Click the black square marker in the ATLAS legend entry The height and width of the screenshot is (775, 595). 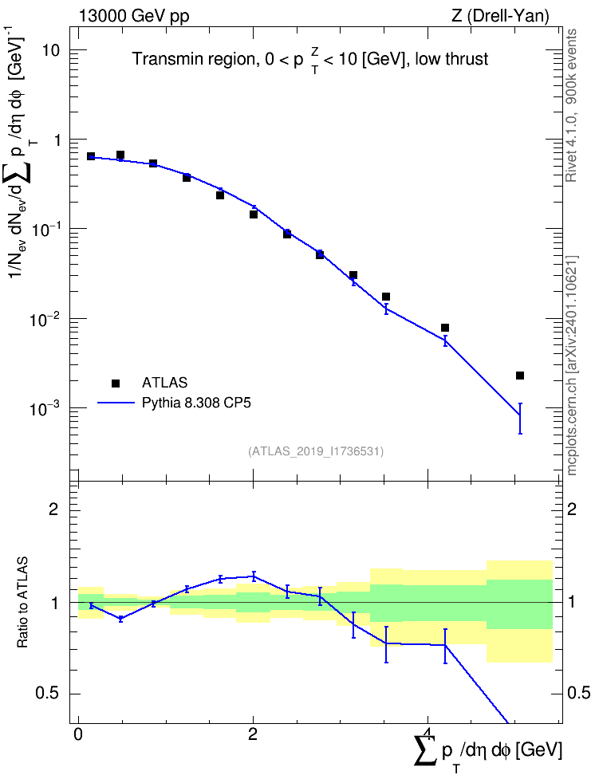116,383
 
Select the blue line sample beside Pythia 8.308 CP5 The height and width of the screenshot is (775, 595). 116,403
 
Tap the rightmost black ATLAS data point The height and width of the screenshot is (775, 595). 520,376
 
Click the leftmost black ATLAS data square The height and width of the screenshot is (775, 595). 91,156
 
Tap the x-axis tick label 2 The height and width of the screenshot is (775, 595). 253,734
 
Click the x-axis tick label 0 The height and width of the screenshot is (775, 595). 77,734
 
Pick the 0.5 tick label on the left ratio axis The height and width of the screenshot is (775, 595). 48,693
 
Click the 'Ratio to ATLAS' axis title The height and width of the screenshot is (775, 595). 22,602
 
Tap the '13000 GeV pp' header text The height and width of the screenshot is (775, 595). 133,16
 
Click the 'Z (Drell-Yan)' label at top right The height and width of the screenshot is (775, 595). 500,16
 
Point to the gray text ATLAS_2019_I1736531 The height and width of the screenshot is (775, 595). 316,450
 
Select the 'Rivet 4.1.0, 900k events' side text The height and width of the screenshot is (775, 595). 571,105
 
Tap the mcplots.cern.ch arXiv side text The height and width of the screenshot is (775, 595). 572,366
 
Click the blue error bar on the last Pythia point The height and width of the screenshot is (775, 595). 520,418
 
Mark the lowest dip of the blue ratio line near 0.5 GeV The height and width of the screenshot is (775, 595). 120,618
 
